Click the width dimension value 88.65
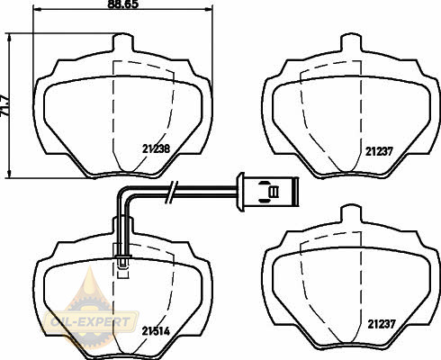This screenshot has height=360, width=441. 123,4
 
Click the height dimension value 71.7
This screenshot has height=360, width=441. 5,106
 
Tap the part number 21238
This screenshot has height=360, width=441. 156,148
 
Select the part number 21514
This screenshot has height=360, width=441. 156,331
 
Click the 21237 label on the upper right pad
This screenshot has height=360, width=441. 379,151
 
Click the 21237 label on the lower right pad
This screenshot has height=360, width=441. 382,324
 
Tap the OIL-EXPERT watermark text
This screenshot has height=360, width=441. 90,322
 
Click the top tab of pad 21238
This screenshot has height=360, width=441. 122,42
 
